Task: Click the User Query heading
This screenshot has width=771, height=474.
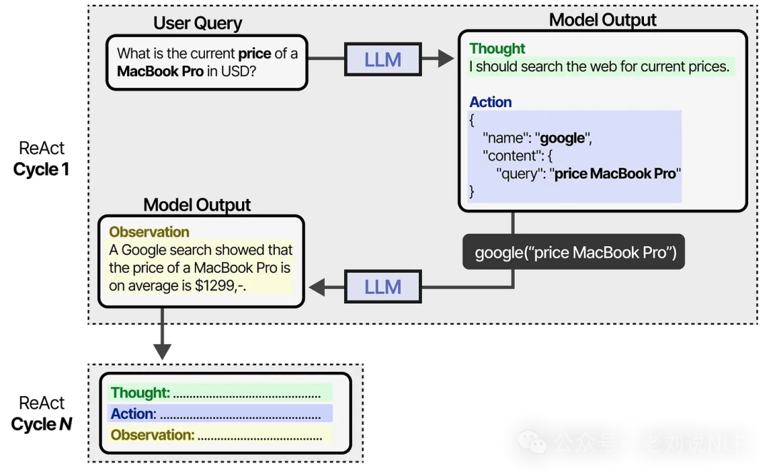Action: (198, 23)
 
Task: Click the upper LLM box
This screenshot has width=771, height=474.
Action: (383, 59)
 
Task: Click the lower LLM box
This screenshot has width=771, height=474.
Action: (383, 287)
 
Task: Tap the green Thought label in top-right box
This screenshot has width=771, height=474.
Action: (497, 49)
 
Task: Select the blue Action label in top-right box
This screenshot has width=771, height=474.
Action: (490, 102)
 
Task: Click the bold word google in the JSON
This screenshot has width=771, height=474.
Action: (563, 138)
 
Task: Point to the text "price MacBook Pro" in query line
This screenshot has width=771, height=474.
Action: (615, 173)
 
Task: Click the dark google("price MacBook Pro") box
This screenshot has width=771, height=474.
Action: (574, 252)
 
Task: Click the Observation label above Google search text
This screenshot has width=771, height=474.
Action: (148, 232)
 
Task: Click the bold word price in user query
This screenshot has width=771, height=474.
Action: (255, 54)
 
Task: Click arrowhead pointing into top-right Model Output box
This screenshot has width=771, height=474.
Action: (446, 59)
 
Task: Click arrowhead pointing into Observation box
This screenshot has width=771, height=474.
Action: (315, 287)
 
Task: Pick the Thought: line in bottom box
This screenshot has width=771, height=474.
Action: (219, 393)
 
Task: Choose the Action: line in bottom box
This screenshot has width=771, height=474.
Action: (219, 414)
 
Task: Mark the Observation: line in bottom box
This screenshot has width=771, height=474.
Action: (219, 435)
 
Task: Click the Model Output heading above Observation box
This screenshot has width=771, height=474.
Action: (197, 205)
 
